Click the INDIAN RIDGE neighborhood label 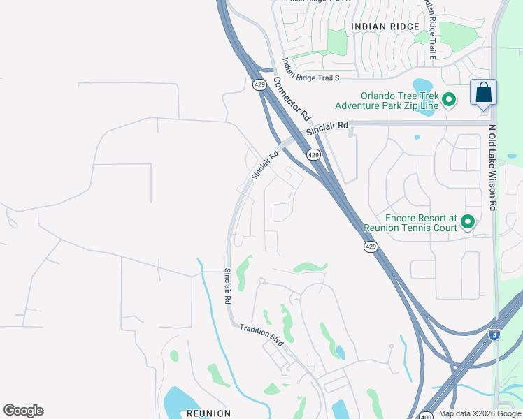385,27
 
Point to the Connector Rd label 292,96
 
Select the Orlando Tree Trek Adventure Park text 387,101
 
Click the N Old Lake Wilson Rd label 493,168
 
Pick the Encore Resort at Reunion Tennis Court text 410,223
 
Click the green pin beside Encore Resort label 467,222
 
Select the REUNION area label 208,413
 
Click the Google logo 24,411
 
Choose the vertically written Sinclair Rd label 227,286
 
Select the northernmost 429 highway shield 259,84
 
